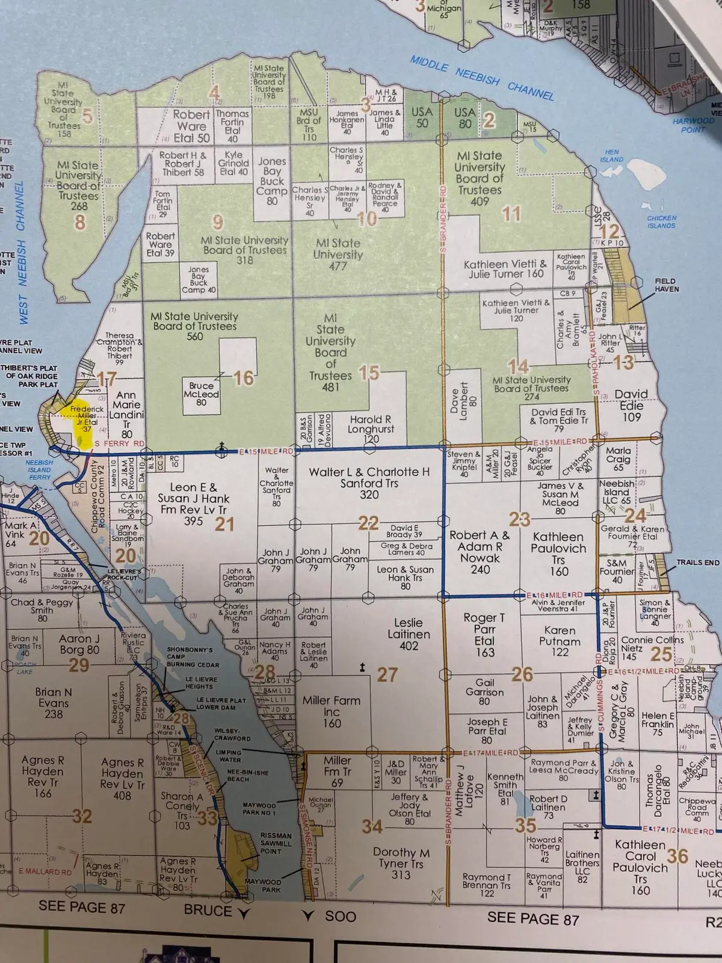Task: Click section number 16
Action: (244, 378)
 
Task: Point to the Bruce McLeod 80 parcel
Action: (201, 394)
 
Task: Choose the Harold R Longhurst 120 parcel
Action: (371, 429)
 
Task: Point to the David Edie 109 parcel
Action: (631, 404)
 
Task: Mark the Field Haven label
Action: (665, 285)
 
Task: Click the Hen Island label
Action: (611, 156)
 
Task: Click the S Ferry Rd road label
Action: (120, 444)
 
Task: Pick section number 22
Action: (368, 523)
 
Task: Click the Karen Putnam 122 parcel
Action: (560, 640)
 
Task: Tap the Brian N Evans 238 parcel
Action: (54, 703)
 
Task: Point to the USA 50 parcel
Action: (422, 117)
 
